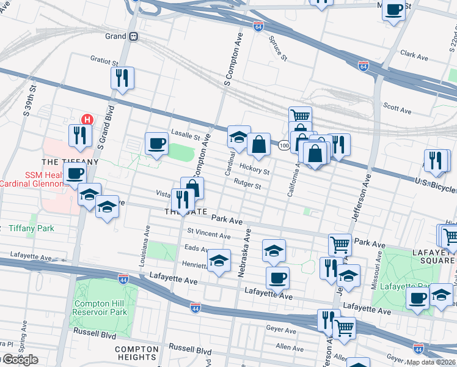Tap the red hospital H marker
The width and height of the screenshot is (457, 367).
(87, 119)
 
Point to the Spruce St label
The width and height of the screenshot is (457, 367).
(278, 48)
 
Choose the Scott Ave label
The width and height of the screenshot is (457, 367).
(397, 109)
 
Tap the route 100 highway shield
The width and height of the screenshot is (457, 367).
(284, 146)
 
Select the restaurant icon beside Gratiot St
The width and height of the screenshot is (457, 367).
(122, 78)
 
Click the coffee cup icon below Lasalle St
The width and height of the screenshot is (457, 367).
(157, 144)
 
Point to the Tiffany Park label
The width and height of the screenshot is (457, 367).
(31, 229)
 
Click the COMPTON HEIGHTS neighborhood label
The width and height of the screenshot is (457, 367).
(137, 354)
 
